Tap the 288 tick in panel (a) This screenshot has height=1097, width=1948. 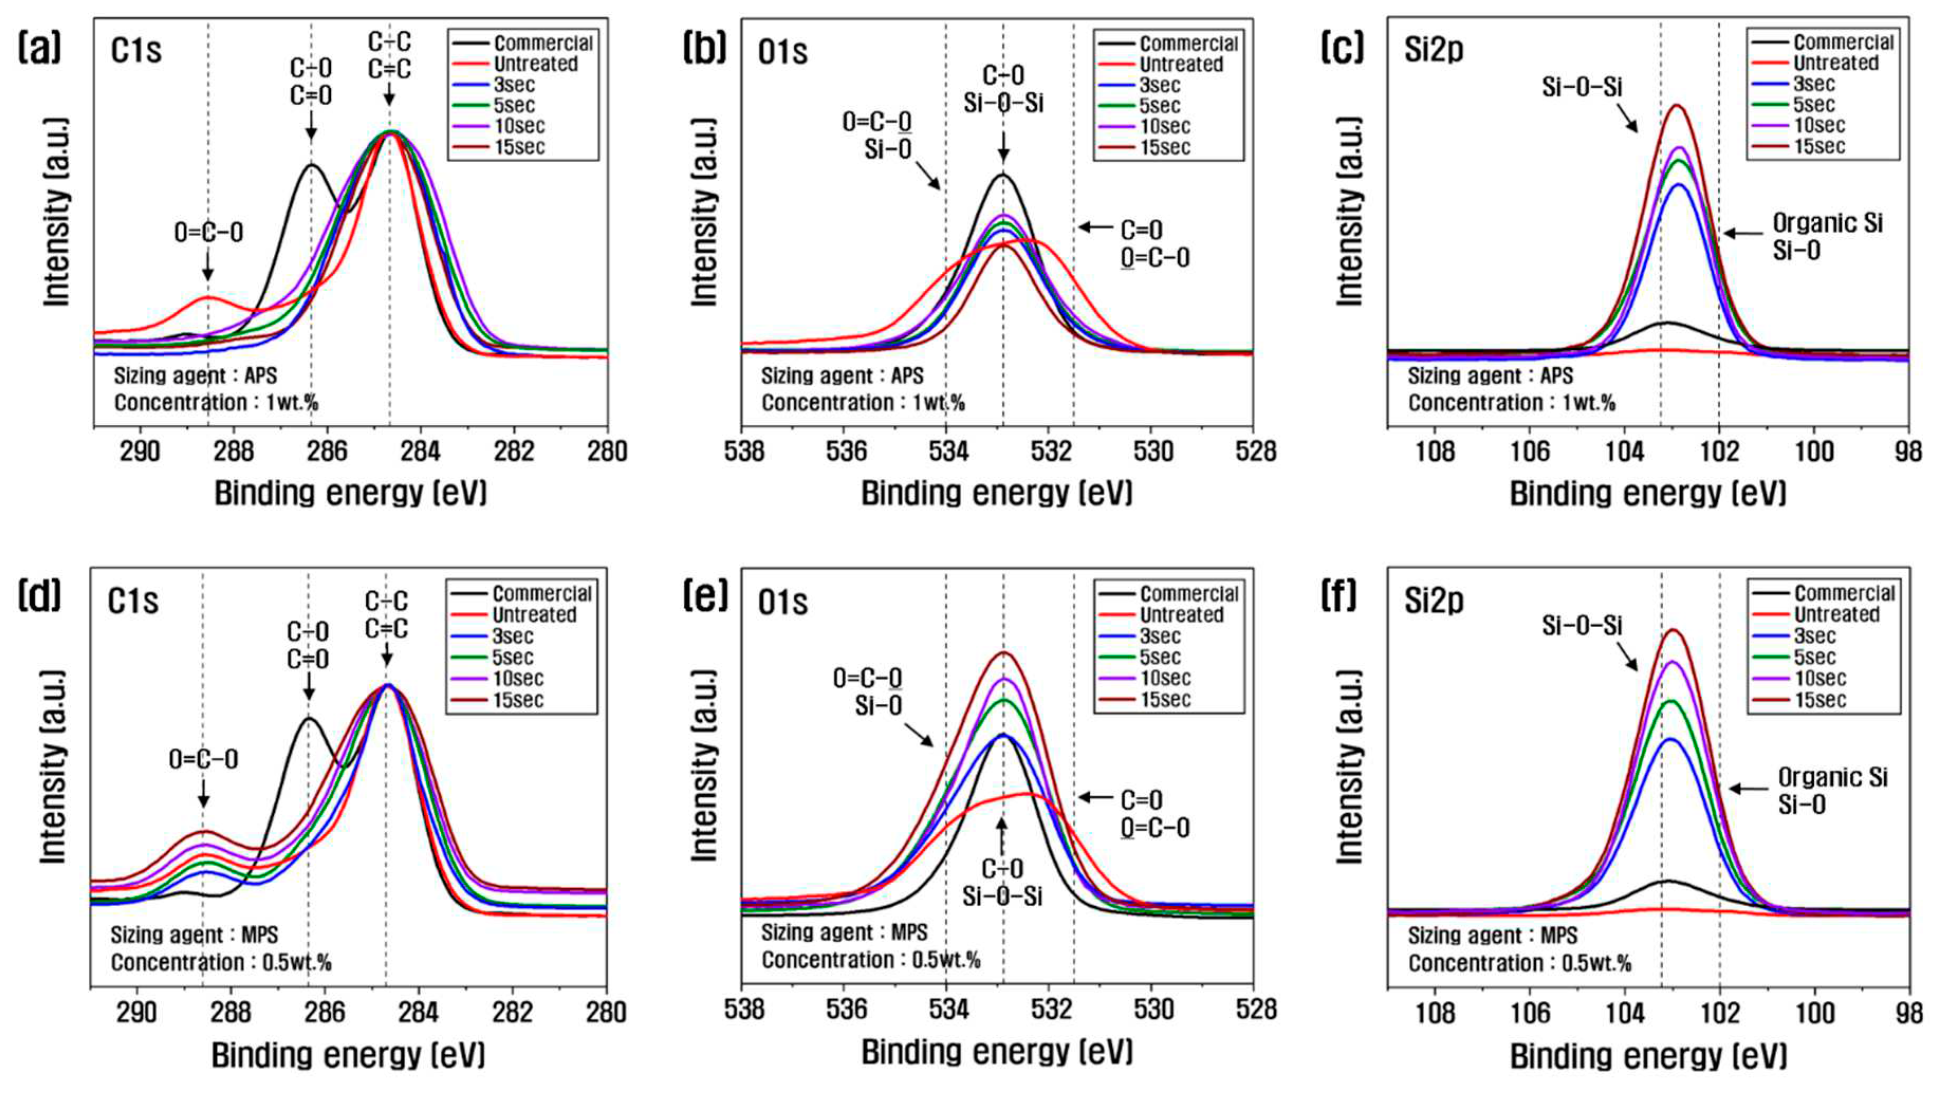tap(233, 451)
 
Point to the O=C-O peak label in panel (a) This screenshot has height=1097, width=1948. tap(209, 232)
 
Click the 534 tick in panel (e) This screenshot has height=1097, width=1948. tap(947, 1009)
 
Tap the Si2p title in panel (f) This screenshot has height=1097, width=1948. tap(1434, 601)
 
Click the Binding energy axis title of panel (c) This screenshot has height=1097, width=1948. tap(1648, 494)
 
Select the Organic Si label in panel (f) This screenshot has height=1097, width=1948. tap(1832, 777)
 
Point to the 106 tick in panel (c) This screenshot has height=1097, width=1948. tap(1530, 451)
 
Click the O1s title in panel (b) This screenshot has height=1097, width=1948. tap(783, 51)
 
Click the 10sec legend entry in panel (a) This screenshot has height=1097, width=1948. tap(519, 126)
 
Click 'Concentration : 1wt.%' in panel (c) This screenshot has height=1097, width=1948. tap(1511, 403)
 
